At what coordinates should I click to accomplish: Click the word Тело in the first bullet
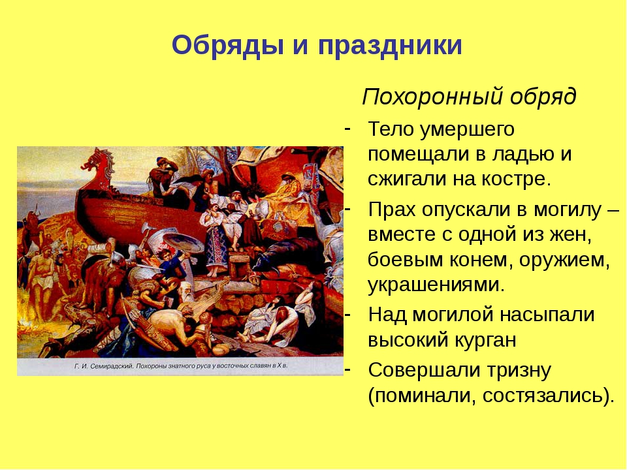click(391, 129)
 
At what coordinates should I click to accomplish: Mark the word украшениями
click(436, 286)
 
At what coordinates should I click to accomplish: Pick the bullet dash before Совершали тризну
click(347, 369)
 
